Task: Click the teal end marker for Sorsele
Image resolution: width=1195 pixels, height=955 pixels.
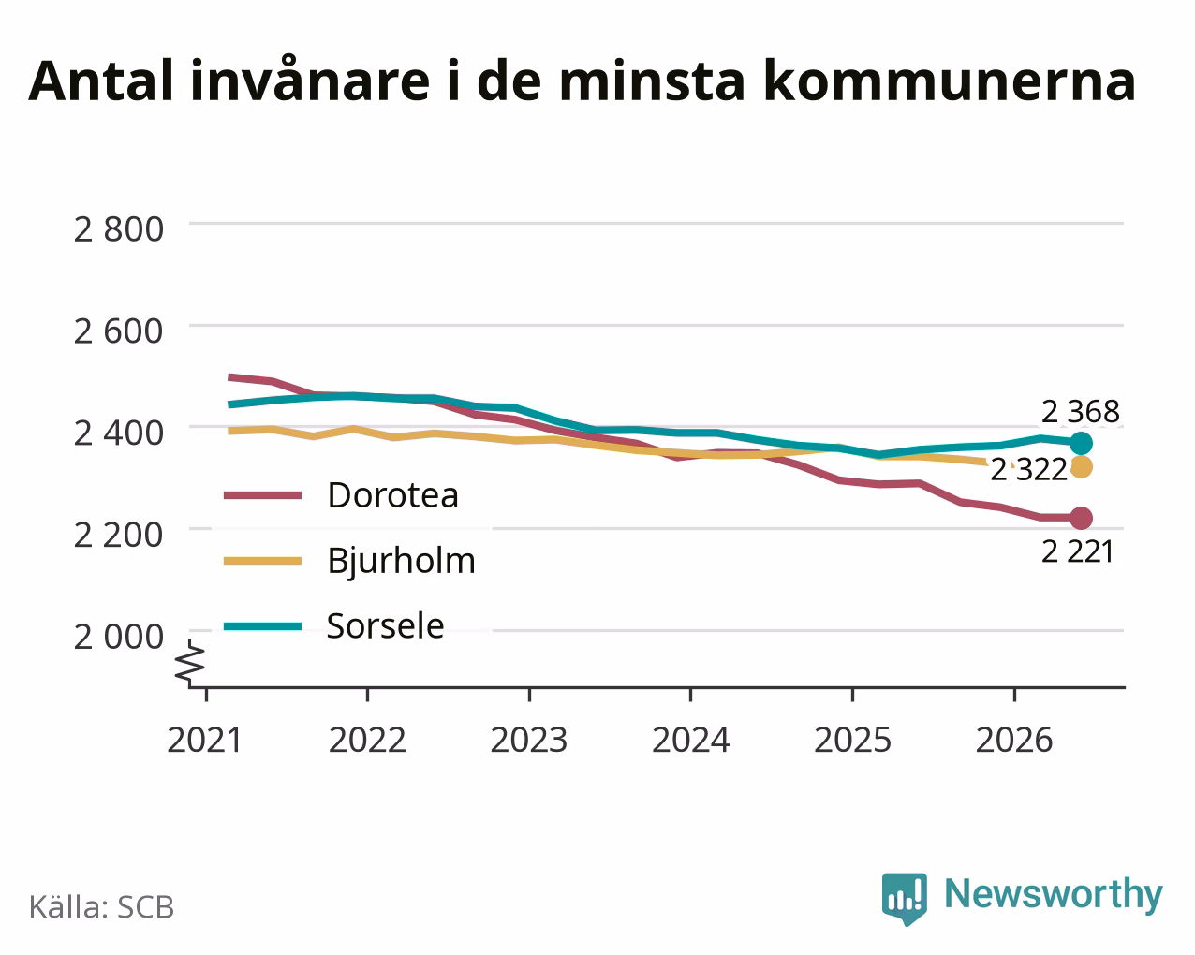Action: pyautogui.click(x=1081, y=443)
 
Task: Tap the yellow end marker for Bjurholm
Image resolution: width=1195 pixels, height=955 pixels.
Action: pyautogui.click(x=1081, y=467)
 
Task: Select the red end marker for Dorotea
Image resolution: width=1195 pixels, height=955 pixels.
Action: pyautogui.click(x=1081, y=518)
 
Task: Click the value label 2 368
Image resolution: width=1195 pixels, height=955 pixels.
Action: pyautogui.click(x=1080, y=412)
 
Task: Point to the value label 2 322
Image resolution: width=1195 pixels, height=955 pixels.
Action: pyautogui.click(x=1029, y=470)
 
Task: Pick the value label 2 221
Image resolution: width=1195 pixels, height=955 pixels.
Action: pyautogui.click(x=1077, y=551)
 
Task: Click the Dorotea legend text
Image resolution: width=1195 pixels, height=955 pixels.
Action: pyautogui.click(x=392, y=494)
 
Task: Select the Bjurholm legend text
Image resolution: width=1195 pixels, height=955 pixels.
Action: pyautogui.click(x=401, y=561)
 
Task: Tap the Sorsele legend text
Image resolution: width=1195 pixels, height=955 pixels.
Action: pyautogui.click(x=385, y=625)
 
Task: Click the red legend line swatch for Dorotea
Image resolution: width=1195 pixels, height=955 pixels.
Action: pyautogui.click(x=262, y=495)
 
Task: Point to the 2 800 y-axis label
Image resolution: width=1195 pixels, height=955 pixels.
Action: pyautogui.click(x=118, y=229)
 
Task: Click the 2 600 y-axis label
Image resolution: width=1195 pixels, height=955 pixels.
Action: pyautogui.click(x=118, y=331)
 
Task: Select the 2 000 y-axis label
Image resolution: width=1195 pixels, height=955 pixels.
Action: pyautogui.click(x=118, y=637)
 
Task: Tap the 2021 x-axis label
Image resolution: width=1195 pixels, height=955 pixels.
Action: pyautogui.click(x=204, y=740)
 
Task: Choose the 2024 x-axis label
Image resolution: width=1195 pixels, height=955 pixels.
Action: pyautogui.click(x=690, y=740)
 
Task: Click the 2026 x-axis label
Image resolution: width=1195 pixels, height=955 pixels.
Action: pyautogui.click(x=1014, y=740)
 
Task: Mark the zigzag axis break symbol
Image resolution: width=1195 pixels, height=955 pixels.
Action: pyautogui.click(x=190, y=662)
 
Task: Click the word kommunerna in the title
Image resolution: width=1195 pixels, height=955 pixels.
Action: pyautogui.click(x=950, y=81)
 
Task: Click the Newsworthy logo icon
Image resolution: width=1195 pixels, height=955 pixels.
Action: pyautogui.click(x=904, y=899)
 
